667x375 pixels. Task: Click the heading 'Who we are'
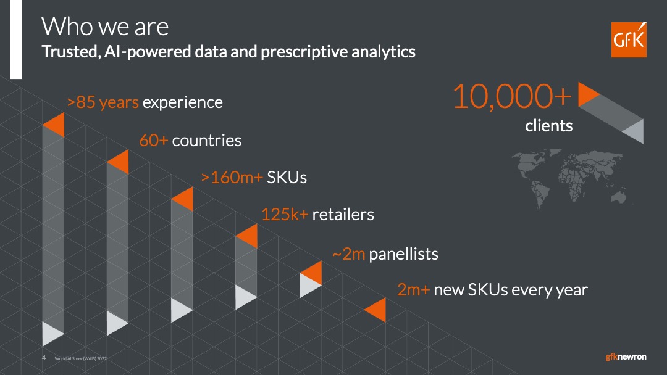click(105, 27)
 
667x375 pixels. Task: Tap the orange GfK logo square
click(629, 39)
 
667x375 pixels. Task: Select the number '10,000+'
click(512, 96)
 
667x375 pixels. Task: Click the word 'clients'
click(549, 126)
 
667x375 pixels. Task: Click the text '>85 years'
click(103, 102)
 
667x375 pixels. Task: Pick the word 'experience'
click(182, 103)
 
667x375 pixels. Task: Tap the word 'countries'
click(206, 141)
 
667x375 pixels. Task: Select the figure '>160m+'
click(232, 178)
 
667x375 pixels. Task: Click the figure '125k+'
click(285, 215)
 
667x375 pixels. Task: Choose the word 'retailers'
click(343, 215)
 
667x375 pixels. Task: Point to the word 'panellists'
click(403, 254)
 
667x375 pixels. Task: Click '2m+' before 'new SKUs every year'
click(413, 290)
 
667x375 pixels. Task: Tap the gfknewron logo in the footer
click(626, 356)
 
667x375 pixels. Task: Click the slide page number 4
click(44, 358)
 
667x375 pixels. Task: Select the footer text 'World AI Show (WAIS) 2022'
click(81, 358)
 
